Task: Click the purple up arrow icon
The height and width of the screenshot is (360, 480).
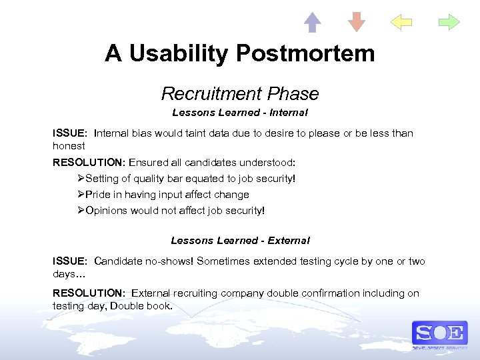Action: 312,22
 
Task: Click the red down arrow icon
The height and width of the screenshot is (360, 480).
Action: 357,22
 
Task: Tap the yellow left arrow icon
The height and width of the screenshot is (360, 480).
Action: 401,22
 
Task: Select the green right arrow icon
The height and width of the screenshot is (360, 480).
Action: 449,22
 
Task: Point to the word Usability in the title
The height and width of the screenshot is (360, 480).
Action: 170,53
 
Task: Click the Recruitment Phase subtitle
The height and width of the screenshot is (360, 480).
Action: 240,93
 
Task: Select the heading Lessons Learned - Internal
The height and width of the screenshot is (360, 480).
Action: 240,113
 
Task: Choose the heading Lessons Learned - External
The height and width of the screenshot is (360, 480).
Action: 240,240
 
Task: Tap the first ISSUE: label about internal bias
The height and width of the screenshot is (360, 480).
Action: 70,133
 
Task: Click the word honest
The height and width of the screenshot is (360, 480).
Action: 69,145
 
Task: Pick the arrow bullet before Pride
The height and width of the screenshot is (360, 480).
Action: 81,195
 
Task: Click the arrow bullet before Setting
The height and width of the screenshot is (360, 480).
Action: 81,179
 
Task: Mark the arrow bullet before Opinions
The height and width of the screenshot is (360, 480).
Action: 81,211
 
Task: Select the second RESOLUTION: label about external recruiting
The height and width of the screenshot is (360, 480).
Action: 89,293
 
